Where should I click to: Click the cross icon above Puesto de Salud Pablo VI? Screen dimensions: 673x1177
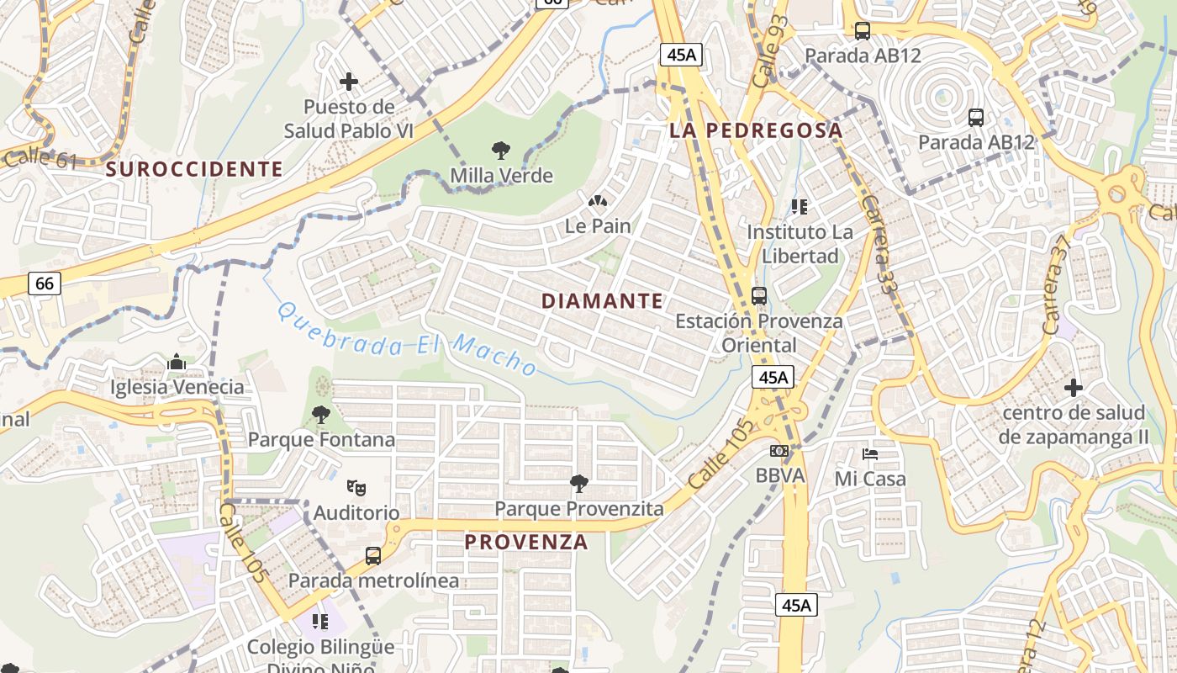tap(349, 82)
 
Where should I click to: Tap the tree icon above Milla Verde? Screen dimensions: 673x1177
tap(501, 151)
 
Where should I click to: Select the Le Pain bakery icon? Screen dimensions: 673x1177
tap(598, 201)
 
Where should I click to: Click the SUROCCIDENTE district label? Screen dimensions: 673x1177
tap(194, 169)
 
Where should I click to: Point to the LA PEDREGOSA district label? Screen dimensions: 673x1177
tap(756, 130)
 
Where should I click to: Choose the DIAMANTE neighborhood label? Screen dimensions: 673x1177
tap(602, 301)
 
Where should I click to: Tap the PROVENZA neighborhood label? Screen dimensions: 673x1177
tap(526, 542)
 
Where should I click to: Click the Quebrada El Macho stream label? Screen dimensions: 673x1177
tap(407, 339)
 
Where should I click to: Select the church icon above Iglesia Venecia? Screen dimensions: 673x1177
tap(177, 362)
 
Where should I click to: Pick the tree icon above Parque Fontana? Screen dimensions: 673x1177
tap(320, 414)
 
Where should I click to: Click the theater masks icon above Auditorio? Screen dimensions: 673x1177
tap(356, 487)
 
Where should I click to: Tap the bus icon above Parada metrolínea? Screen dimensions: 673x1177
tap(373, 556)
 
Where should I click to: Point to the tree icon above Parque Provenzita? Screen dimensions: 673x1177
tap(578, 483)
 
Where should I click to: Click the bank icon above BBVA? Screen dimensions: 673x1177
tap(779, 451)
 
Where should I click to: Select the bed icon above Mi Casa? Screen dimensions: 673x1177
tap(870, 454)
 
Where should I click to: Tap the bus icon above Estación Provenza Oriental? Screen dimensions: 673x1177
tap(758, 295)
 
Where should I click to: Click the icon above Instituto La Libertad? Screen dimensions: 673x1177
tap(799, 206)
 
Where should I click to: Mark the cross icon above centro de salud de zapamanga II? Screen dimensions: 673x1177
tap(1073, 388)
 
